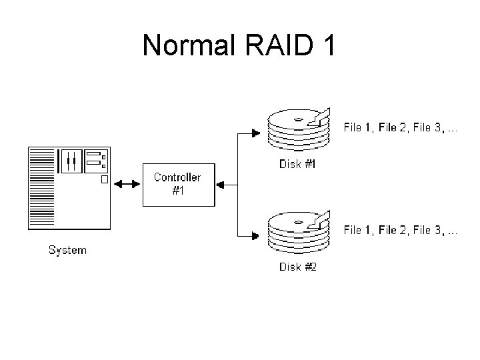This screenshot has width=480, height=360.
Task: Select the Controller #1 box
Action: pos(177,183)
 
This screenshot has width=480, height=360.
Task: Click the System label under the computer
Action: pos(67,251)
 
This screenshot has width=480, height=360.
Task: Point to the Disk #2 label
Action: pos(297,267)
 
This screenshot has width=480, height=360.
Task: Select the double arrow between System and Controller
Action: pos(127,183)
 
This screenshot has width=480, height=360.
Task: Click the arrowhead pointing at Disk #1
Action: pos(256,133)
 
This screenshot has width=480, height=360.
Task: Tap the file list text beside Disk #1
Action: pos(400,127)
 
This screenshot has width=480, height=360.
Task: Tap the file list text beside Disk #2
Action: pos(400,230)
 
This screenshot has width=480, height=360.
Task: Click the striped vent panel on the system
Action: pos(41,189)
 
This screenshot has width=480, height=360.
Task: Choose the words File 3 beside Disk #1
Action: pos(427,127)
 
